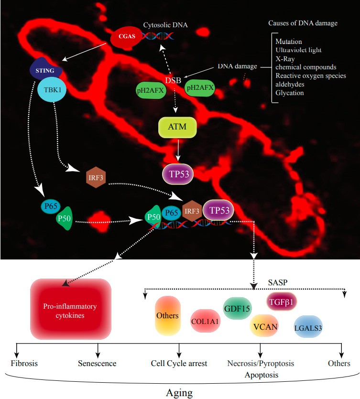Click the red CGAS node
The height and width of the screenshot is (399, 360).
(x=127, y=37)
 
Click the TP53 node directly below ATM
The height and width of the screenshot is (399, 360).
(x=178, y=173)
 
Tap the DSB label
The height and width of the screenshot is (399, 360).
(x=173, y=80)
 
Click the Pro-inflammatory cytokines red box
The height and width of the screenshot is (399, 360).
(x=71, y=309)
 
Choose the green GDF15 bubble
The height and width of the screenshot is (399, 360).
(x=237, y=308)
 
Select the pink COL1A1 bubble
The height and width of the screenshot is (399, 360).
(x=205, y=322)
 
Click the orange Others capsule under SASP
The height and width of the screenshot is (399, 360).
(x=167, y=315)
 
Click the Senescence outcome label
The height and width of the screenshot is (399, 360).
(x=97, y=363)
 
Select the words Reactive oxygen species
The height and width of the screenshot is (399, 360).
(x=310, y=75)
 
